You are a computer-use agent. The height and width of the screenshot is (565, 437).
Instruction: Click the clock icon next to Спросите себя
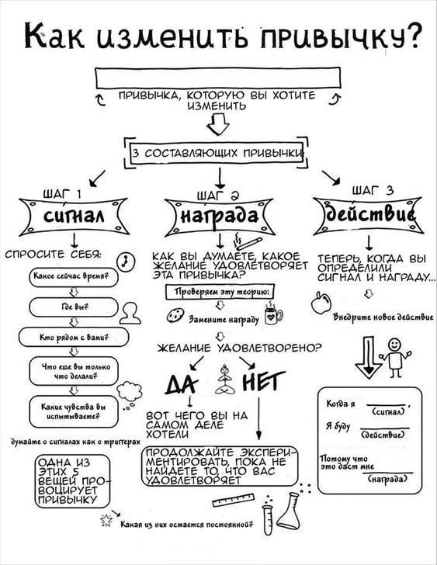tap(126, 262)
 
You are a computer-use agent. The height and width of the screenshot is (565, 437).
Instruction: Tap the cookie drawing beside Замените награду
tap(175, 316)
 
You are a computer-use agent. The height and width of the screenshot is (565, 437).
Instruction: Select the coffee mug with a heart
tap(273, 314)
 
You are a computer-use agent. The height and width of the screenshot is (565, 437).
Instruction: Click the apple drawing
tap(321, 303)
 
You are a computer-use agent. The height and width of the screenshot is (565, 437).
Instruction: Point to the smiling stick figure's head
tap(394, 344)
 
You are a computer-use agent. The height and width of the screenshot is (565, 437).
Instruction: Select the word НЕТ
tap(263, 381)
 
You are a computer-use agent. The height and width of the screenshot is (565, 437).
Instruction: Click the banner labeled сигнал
tap(74, 217)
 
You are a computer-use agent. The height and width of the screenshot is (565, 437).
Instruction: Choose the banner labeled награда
tap(220, 217)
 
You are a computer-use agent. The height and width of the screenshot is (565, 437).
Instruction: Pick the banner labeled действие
tap(368, 216)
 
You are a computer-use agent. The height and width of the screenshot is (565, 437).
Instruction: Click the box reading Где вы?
tap(74, 307)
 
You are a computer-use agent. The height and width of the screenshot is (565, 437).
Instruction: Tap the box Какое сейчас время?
tap(74, 278)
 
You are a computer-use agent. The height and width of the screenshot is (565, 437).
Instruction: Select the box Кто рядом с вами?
tap(74, 338)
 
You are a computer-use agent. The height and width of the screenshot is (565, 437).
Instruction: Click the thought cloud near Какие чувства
tap(130, 391)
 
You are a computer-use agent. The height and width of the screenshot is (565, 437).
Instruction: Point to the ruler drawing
tap(234, 500)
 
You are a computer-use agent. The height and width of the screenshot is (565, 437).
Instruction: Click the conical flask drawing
tap(289, 511)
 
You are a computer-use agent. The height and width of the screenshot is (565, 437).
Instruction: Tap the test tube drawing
tap(267, 519)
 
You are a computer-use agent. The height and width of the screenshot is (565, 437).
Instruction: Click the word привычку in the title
tap(340, 37)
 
